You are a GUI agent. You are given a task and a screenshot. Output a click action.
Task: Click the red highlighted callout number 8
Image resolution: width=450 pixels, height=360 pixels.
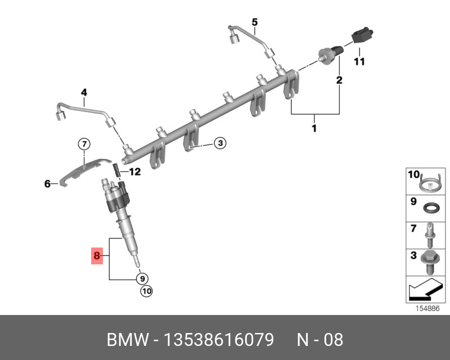pos(97,256)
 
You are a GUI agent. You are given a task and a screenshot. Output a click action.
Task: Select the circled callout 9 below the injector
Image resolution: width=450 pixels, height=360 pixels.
pos(142,278)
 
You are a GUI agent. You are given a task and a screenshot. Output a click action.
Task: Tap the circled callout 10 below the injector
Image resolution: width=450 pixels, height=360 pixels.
pos(146,291)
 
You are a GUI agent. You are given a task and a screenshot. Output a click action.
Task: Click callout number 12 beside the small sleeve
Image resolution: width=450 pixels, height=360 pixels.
pos(134,172)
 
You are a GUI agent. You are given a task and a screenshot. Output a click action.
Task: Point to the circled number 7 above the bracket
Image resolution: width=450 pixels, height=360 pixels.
pos(83,145)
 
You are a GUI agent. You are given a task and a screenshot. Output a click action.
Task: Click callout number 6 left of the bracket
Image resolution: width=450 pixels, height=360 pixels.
pos(48,183)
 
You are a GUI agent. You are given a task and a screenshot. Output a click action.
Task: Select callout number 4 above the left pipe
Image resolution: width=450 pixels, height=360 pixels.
pos(83,92)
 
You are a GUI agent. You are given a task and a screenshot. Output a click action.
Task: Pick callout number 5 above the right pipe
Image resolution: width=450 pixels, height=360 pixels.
pos(254,22)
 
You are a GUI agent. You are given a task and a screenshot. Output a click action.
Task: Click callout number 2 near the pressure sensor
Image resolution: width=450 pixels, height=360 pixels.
pos(339,80)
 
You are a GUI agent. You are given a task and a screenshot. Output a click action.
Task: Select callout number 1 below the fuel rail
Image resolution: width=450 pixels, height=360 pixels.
pos(314,129)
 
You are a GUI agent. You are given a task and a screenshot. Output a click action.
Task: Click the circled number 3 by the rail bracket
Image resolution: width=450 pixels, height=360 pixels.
pos(220,144)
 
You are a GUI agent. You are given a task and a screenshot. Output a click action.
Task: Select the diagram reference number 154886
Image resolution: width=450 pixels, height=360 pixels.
pos(427,309)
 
